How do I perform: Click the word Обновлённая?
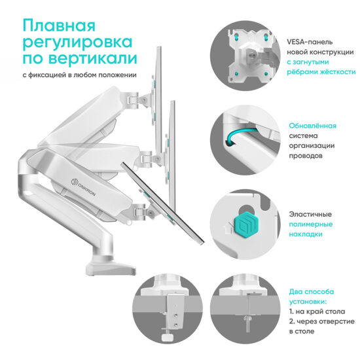[313, 126]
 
